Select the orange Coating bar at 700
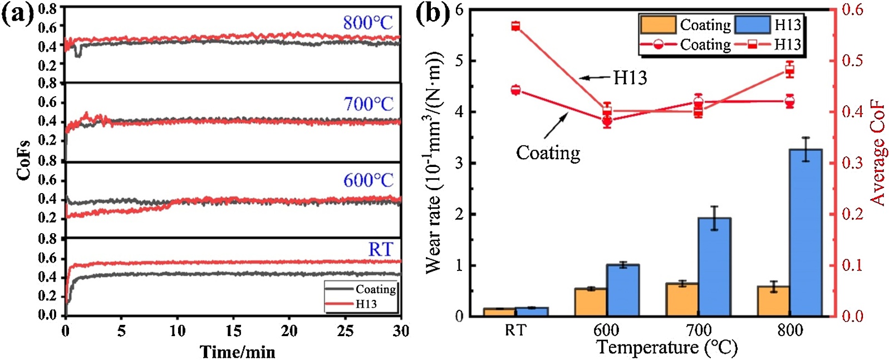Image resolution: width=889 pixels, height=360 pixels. (682, 300)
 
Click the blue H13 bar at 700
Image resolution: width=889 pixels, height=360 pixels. (714, 267)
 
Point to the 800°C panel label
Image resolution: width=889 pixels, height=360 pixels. (367, 23)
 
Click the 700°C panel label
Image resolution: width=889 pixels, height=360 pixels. (368, 103)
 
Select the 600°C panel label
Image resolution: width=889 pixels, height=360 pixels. (368, 180)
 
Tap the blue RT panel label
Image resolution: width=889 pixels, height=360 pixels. (380, 250)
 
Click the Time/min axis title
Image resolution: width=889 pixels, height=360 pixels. (238, 352)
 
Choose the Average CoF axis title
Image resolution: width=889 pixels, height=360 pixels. (878, 153)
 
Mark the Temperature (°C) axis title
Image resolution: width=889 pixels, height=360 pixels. (666, 348)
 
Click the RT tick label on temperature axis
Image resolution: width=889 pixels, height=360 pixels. (515, 331)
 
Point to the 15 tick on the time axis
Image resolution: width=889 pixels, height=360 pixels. (233, 331)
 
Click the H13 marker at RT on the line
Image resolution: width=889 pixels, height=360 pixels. (515, 26)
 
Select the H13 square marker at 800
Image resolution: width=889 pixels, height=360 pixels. (789, 70)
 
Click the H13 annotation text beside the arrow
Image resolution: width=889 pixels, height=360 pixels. (630, 78)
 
